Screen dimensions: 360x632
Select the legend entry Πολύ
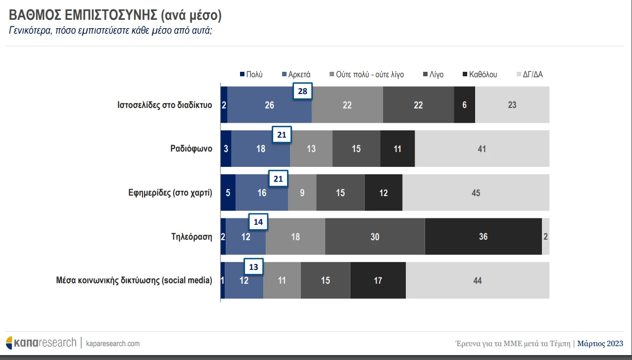(251, 75)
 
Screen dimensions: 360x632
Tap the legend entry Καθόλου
(479, 75)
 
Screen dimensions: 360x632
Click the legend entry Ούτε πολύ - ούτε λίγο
(366, 75)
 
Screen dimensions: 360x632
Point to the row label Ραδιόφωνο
(188, 149)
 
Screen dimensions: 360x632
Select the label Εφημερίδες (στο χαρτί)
(170, 193)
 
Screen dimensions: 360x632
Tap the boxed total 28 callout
(303, 91)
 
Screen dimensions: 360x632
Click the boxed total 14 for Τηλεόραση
(258, 222)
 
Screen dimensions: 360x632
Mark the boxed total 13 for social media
(253, 266)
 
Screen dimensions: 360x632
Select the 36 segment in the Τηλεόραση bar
(483, 237)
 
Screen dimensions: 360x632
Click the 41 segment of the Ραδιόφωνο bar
(482, 149)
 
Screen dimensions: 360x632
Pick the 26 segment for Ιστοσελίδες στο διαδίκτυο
(270, 105)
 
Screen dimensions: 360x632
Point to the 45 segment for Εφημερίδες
(476, 193)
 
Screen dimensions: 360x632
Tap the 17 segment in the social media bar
(378, 281)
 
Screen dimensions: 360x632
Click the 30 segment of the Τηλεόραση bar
(375, 237)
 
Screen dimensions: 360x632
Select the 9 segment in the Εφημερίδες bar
(302, 193)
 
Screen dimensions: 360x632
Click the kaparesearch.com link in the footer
(113, 343)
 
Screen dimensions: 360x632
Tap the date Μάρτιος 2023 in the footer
(600, 343)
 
